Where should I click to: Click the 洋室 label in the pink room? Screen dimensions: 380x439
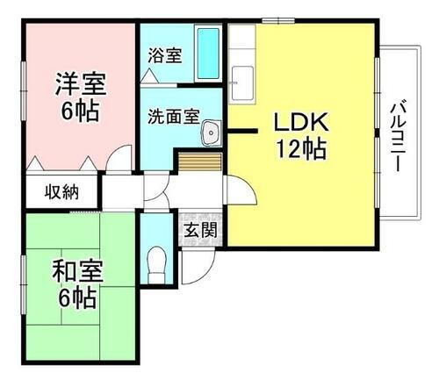coord(81,85)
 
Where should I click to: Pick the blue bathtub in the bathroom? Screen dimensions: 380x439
coord(208,54)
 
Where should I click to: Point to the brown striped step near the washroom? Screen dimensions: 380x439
coord(200,162)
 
